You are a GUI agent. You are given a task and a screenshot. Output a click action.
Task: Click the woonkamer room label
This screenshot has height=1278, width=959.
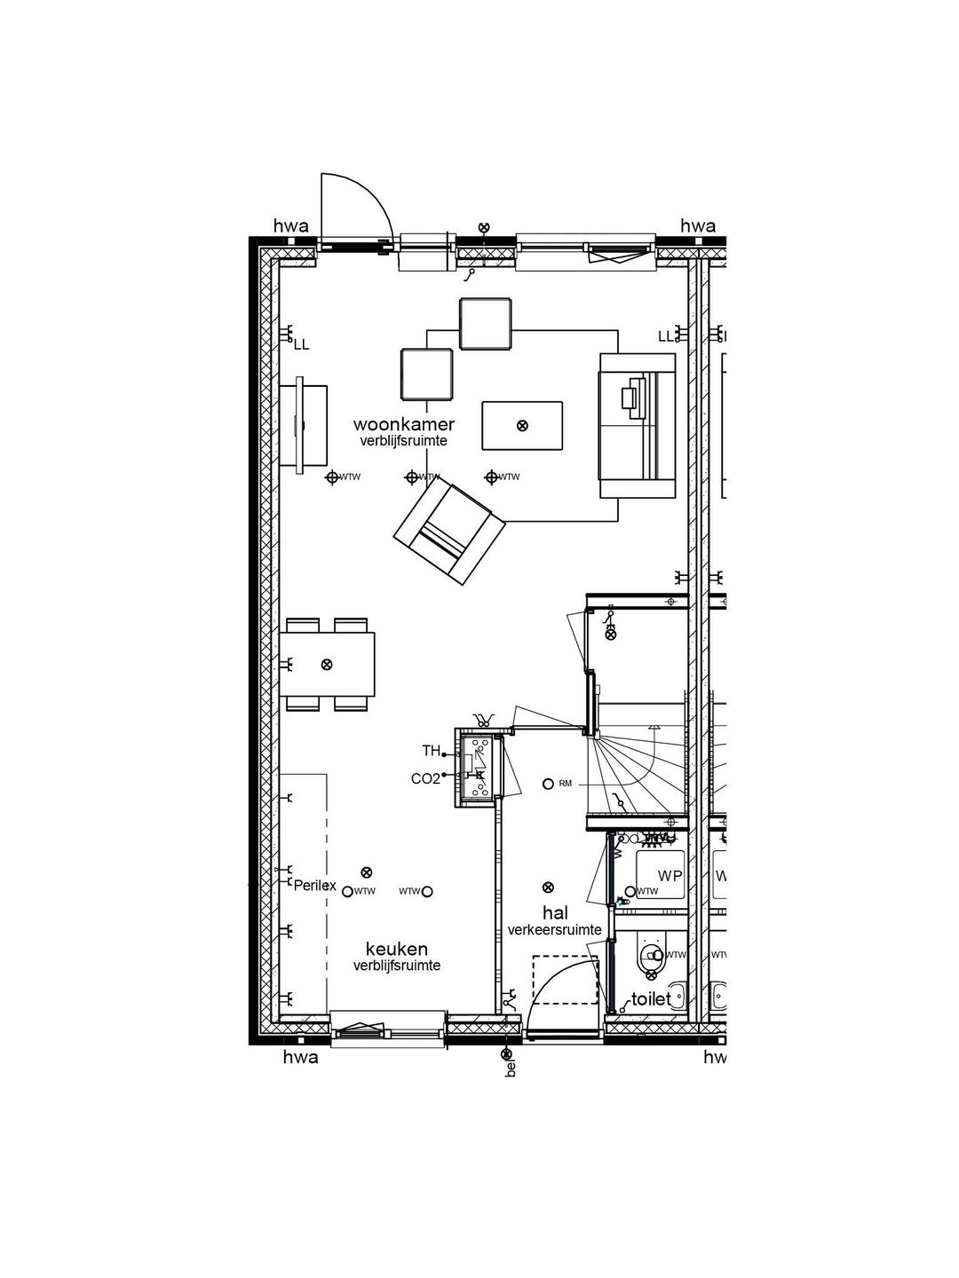403,424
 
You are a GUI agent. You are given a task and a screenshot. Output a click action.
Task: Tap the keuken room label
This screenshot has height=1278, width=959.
396,949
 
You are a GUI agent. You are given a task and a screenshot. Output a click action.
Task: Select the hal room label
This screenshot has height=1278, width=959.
555,913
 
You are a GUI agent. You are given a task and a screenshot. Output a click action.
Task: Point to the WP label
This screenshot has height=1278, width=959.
670,876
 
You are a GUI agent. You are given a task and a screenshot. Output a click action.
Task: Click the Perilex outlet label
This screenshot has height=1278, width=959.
315,885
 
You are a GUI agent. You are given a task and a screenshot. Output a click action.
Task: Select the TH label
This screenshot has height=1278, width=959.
431,751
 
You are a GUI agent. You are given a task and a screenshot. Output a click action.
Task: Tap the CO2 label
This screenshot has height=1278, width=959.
425,778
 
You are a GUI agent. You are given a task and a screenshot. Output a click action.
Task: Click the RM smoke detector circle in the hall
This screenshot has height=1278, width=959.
548,784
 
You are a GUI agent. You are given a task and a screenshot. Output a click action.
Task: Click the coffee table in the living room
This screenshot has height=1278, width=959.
522,426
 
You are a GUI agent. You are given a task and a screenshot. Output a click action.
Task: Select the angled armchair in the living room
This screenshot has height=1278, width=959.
449,534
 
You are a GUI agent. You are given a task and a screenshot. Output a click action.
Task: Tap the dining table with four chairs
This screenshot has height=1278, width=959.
327,665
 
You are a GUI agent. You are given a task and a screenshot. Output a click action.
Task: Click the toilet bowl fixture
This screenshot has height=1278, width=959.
652,956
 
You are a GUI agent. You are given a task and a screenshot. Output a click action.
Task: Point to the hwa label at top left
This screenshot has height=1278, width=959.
290,226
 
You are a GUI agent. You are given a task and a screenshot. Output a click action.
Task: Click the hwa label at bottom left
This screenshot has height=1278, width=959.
300,1057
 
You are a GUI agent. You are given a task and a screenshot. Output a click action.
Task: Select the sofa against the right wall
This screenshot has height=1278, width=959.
638,425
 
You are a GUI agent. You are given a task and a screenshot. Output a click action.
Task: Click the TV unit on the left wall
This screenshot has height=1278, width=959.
304,425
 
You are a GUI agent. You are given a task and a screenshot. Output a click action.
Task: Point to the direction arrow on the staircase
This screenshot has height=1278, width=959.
654,727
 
